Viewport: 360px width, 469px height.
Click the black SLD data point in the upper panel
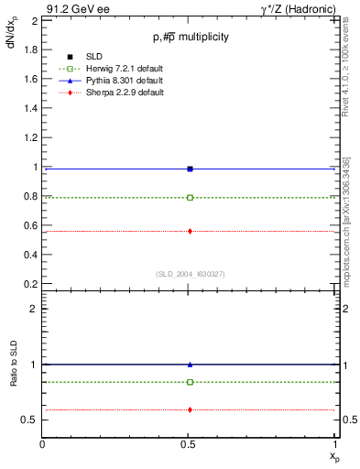tap(190, 169)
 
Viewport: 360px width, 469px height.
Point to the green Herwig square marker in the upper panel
tap(190, 197)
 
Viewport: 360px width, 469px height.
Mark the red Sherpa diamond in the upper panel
tap(190, 231)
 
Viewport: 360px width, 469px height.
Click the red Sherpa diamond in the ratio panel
tap(190, 409)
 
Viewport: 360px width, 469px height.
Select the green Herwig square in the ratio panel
tap(190, 382)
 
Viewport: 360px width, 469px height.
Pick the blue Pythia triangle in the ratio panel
tap(190, 365)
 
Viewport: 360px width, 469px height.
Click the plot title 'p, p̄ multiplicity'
tap(190, 37)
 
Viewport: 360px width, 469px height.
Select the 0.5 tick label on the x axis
tap(190, 444)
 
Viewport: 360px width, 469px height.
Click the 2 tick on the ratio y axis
tap(33, 309)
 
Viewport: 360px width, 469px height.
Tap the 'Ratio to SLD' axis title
tap(14, 364)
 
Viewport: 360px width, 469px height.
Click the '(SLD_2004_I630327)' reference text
tap(190, 274)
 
